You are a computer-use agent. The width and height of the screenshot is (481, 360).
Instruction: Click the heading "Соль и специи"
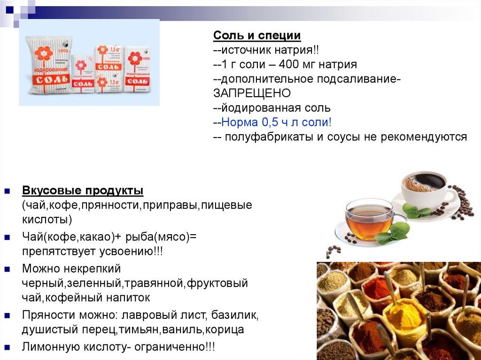click(x=257, y=35)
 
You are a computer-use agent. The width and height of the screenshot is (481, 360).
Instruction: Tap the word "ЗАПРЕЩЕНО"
click(x=252, y=93)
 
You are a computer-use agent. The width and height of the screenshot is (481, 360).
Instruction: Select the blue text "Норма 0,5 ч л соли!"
click(x=276, y=122)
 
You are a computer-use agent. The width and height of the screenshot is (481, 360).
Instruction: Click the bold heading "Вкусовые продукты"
click(x=83, y=191)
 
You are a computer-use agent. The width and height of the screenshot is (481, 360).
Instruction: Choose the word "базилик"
click(x=235, y=315)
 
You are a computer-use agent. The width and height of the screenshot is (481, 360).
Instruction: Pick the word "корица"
click(x=225, y=329)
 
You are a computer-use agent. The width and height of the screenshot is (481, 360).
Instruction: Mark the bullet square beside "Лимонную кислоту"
click(x=7, y=347)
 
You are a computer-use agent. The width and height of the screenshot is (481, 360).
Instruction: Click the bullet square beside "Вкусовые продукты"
click(x=7, y=191)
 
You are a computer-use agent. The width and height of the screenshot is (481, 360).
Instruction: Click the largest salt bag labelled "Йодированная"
click(x=49, y=65)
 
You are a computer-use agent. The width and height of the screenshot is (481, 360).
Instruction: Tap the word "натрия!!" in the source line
click(x=297, y=50)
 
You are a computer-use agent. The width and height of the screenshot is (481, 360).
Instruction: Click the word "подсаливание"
click(x=357, y=79)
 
